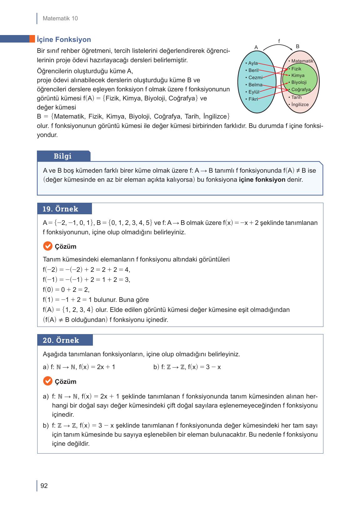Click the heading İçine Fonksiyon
tap(64, 40)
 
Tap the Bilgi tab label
tap(63, 156)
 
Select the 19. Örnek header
tap(60, 209)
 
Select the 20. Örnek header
tap(61, 340)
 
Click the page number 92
tap(44, 486)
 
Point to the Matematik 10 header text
tap(60, 18)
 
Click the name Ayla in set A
tap(253, 63)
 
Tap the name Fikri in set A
tap(253, 99)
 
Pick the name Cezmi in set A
tap(255, 78)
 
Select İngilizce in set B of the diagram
tap(300, 104)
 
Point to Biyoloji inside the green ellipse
tap(299, 83)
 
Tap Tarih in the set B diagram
tap(296, 97)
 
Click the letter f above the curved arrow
tap(279, 41)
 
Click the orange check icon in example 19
tap(47, 246)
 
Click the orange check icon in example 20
tap(47, 381)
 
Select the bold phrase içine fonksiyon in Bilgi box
tap(262, 180)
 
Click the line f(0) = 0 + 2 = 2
tap(66, 290)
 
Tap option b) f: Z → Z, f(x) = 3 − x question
tap(187, 367)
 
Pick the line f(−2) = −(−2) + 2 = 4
tap(86, 270)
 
